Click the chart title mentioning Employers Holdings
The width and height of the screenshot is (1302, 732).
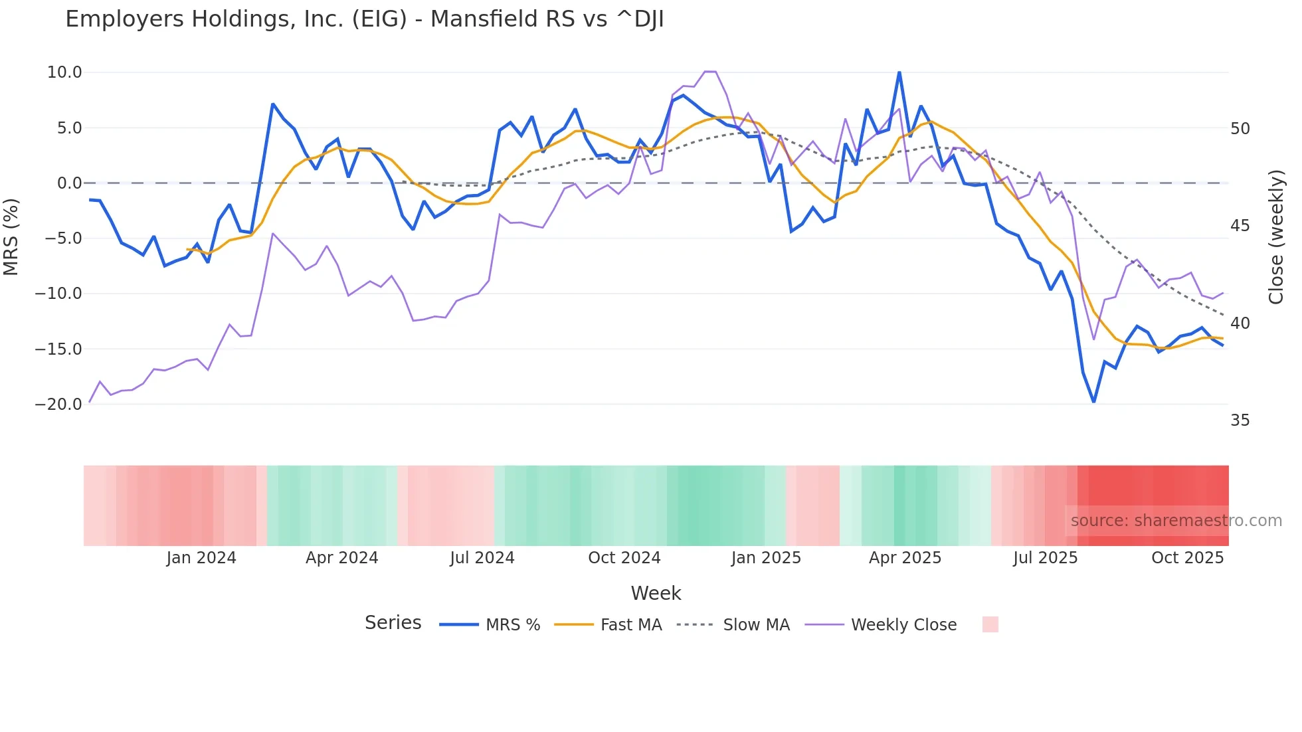click(x=364, y=19)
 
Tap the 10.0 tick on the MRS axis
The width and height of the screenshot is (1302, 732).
click(x=64, y=72)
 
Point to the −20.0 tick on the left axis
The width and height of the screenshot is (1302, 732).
click(x=59, y=404)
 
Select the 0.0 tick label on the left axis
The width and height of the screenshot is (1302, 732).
click(x=69, y=183)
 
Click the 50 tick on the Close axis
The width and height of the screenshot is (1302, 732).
click(x=1240, y=129)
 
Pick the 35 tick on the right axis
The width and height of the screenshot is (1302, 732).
click(x=1240, y=420)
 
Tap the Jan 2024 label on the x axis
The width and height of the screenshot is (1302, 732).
click(x=201, y=558)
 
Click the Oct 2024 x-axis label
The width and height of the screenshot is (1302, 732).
click(x=624, y=558)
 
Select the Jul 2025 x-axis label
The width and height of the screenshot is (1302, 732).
click(x=1045, y=558)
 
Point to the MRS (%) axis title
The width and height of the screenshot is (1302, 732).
click(x=11, y=236)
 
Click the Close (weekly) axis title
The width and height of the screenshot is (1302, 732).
click(x=1276, y=237)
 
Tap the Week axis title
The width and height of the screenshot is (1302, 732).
click(x=656, y=593)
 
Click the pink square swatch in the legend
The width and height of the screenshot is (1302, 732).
click(x=990, y=624)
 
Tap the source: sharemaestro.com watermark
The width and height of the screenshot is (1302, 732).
click(x=1176, y=521)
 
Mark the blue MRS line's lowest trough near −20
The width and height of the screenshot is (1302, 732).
click(x=1093, y=402)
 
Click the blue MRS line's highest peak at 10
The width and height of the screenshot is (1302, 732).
click(x=899, y=72)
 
